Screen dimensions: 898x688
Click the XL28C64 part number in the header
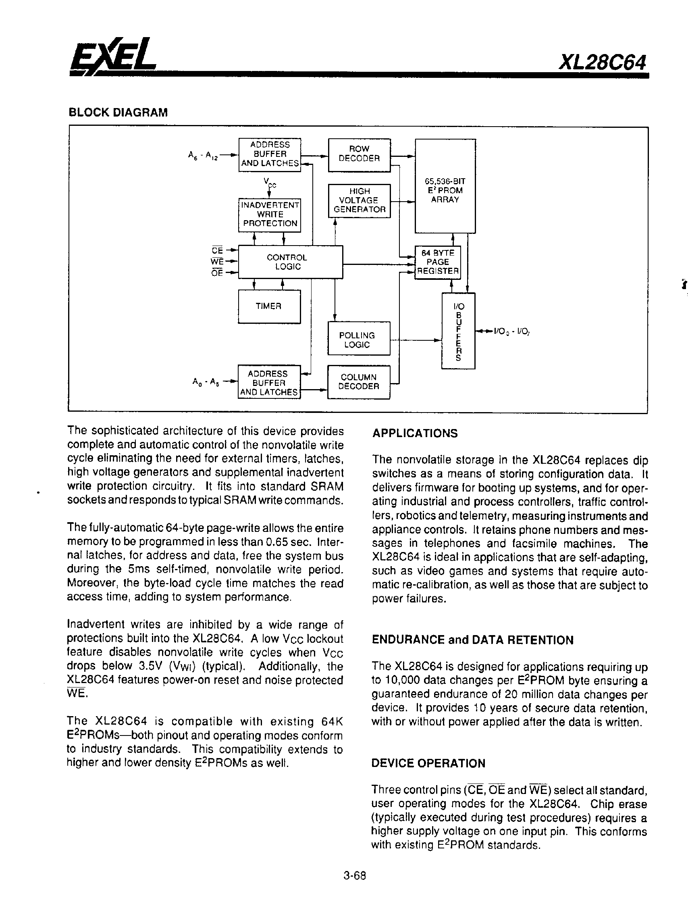[x=602, y=63]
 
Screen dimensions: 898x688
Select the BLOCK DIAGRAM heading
[x=118, y=113]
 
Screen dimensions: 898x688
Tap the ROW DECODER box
[x=359, y=154]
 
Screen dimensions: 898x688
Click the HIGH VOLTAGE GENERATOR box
[x=359, y=201]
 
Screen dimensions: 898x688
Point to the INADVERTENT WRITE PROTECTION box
[x=270, y=215]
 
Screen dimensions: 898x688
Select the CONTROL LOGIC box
[x=290, y=262]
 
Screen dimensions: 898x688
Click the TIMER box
[x=269, y=306]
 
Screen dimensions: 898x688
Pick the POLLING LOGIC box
[x=358, y=339]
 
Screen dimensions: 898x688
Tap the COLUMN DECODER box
[x=358, y=382]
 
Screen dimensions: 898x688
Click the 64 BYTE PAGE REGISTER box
[x=437, y=262]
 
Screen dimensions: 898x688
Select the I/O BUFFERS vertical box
[x=458, y=331]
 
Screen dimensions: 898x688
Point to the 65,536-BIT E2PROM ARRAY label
[x=445, y=190]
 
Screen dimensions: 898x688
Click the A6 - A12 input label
[x=203, y=156]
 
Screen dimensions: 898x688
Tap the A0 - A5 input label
[x=206, y=382]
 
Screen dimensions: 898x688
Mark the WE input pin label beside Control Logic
[x=217, y=261]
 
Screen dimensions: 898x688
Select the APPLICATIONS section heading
[x=414, y=433]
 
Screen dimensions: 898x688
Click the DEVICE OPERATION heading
[x=428, y=763]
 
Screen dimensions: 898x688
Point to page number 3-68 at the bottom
[x=355, y=876]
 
